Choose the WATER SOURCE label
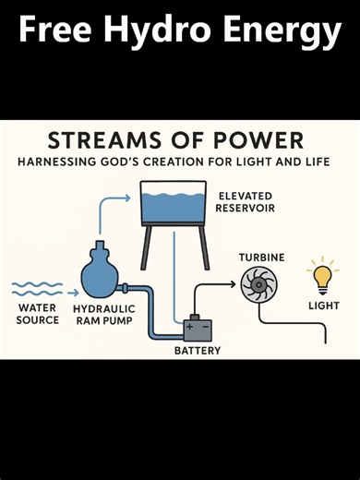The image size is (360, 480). pos(37,314)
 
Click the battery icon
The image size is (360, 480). pos(198,329)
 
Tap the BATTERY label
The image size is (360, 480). pos(198,352)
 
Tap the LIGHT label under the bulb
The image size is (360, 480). pos(324,306)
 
